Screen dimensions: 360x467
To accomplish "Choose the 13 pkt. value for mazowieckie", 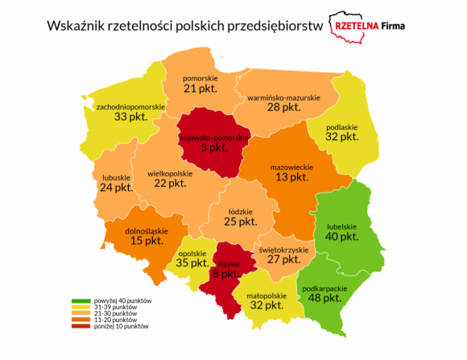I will click(x=292, y=177).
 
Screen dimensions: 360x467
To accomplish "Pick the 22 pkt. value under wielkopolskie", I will click(x=168, y=183).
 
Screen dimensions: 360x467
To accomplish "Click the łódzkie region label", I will click(x=241, y=211).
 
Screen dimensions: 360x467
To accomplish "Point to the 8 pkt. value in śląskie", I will click(x=225, y=274).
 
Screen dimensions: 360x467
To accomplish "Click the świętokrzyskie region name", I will click(x=283, y=250).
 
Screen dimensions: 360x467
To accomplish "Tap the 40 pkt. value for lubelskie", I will click(x=342, y=237).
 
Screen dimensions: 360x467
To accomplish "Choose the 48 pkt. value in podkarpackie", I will click(x=323, y=296).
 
